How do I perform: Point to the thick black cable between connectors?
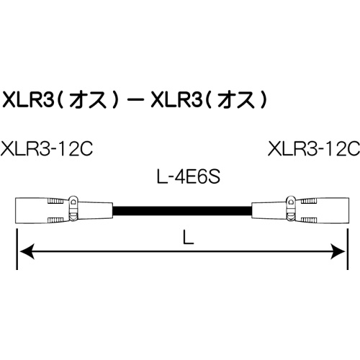click(x=180, y=209)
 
